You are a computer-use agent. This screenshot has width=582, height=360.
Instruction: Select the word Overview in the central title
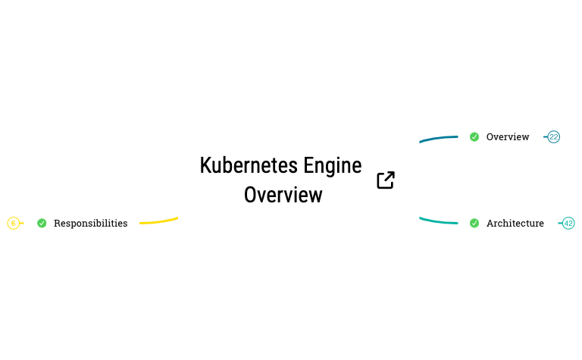(x=283, y=195)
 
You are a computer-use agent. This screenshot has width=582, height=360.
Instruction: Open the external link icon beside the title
(x=386, y=180)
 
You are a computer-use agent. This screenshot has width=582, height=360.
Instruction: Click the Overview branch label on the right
(x=508, y=137)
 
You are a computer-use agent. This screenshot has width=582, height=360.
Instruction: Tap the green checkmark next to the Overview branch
(x=474, y=137)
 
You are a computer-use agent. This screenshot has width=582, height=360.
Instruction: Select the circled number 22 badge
(x=554, y=137)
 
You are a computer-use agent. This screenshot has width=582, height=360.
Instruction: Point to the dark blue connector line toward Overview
(x=438, y=139)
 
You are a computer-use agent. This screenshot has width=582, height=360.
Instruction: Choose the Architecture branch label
(x=515, y=224)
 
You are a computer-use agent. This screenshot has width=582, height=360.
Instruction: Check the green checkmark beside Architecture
(x=474, y=224)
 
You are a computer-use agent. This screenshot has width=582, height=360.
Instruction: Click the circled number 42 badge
(x=568, y=224)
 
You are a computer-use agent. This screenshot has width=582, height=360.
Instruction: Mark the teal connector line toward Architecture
(x=438, y=221)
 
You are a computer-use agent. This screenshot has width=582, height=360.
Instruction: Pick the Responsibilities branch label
(x=91, y=224)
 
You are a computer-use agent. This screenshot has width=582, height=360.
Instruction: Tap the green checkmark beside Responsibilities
(x=42, y=224)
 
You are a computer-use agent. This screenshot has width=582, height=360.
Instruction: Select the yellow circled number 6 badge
(x=13, y=224)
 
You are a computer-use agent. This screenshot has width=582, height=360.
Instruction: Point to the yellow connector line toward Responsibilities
(x=159, y=221)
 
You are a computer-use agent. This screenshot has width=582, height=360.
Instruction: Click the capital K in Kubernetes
(x=205, y=165)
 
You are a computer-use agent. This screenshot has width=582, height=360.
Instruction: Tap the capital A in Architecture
(x=490, y=224)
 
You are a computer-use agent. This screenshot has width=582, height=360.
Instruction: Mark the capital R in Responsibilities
(x=58, y=224)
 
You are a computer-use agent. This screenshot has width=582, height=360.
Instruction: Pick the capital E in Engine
(x=308, y=165)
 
